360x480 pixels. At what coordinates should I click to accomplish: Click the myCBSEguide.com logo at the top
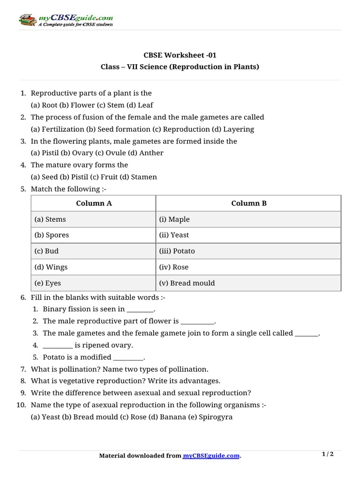(x=66, y=19)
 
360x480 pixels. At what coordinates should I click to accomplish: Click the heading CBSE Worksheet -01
(x=180, y=54)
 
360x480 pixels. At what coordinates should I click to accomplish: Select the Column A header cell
(x=94, y=203)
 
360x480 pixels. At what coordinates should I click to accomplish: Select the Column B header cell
(x=248, y=203)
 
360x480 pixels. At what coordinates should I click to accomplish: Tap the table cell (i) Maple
(x=248, y=219)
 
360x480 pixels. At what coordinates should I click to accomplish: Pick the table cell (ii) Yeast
(x=248, y=235)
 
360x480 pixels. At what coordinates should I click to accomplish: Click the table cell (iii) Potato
(x=248, y=251)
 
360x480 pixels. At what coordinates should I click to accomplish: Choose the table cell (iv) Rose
(x=248, y=267)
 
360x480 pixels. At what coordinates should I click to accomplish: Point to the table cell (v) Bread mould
(x=248, y=283)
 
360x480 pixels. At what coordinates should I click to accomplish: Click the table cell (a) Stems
(x=94, y=219)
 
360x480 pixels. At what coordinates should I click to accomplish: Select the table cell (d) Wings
(x=94, y=267)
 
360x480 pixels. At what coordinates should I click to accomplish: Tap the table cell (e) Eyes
(x=94, y=283)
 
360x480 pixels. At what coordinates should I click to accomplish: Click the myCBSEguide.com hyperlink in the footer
(x=211, y=456)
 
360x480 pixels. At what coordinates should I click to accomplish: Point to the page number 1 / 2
(x=328, y=454)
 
